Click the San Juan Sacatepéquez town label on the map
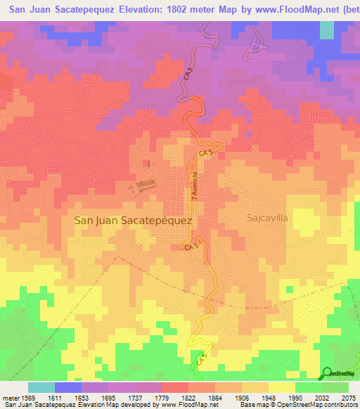pyautogui.click(x=133, y=220)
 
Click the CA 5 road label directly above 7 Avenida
pyautogui.click(x=204, y=152)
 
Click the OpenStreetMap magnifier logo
pyautogui.click(x=326, y=373)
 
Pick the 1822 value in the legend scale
pyautogui.click(x=188, y=398)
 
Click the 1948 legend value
pyautogui.click(x=268, y=398)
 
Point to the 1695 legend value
pyautogui.click(x=108, y=398)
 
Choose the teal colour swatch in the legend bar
pyautogui.click(x=41, y=387)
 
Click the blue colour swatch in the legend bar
pyautogui.click(x=68, y=387)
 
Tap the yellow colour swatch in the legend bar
pyautogui.click(x=282, y=387)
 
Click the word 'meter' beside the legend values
pyautogui.click(x=8, y=398)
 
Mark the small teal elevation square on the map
pyautogui.click(x=327, y=30)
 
